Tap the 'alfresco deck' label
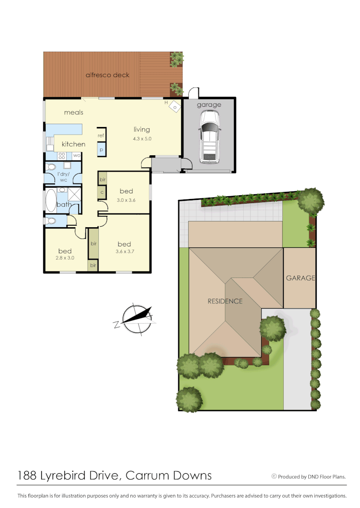[x=107, y=75]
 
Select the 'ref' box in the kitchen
[x=101, y=135]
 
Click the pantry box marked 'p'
[x=101, y=150]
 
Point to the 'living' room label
[x=142, y=129]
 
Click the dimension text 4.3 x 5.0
[x=142, y=139]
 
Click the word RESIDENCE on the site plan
[x=225, y=301]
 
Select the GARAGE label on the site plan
[x=300, y=278]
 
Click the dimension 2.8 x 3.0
[x=65, y=258]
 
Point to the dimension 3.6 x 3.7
[x=124, y=252]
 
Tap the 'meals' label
[x=74, y=112]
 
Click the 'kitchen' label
[x=74, y=144]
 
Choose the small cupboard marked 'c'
[x=101, y=192]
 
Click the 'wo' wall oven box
[x=76, y=155]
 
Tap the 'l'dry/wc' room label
[x=63, y=177]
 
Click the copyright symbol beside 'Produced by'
[x=274, y=476]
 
